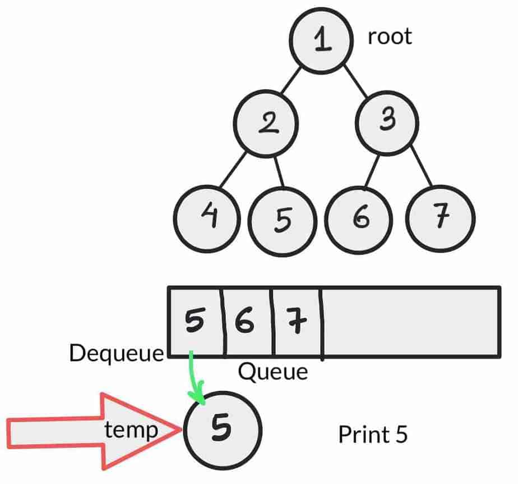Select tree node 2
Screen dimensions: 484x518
(x=266, y=123)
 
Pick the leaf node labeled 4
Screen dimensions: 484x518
(x=207, y=216)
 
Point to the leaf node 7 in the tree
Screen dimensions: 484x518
(x=440, y=217)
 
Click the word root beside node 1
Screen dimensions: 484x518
(x=389, y=37)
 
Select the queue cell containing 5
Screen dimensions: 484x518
(x=195, y=322)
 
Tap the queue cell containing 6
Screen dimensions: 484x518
(x=247, y=322)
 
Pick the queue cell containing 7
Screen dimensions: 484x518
(x=295, y=322)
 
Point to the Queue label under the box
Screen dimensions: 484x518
(x=273, y=371)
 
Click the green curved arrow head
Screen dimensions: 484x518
(x=197, y=398)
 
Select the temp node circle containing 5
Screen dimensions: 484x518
(x=222, y=430)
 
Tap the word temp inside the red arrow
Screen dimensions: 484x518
(x=131, y=431)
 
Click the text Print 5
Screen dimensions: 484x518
(x=373, y=434)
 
